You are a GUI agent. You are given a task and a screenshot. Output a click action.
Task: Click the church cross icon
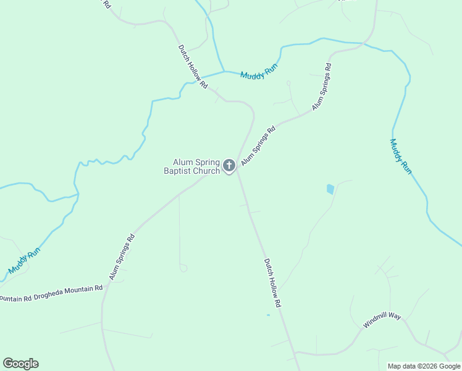229,165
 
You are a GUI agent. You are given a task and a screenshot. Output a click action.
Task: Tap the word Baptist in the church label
178,171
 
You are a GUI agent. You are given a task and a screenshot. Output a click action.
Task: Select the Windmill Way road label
382,320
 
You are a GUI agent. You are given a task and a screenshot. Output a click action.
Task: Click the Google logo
20,364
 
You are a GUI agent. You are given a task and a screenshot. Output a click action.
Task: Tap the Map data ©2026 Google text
424,366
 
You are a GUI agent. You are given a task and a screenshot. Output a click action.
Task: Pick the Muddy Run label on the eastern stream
400,156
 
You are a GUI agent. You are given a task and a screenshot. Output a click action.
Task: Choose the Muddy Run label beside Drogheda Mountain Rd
25,261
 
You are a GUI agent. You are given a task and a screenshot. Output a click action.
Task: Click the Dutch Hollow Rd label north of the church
193,66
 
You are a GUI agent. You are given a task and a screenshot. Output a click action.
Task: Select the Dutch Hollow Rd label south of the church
272,283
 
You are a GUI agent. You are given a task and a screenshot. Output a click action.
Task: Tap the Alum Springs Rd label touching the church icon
258,147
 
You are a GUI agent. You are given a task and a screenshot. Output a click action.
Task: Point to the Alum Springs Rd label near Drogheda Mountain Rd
122,257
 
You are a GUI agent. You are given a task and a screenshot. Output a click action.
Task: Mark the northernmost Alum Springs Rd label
322,86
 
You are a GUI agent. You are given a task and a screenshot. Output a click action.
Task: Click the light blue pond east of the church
330,189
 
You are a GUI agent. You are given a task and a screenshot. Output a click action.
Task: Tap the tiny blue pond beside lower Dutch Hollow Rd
268,315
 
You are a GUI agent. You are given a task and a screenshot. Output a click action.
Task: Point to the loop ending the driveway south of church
183,268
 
